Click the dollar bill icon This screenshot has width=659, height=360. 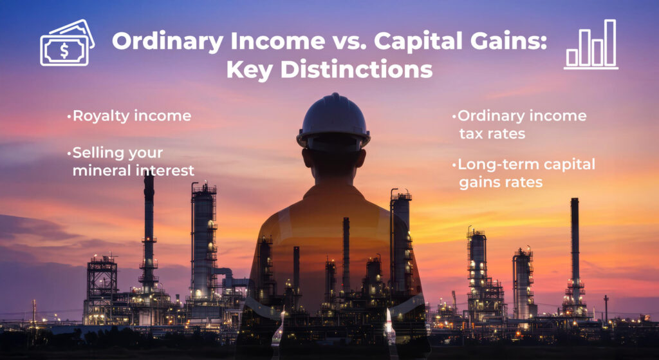click(67, 43)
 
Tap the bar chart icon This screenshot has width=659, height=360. click(591, 44)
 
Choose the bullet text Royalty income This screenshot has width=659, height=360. click(132, 117)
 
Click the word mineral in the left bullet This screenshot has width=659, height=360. click(99, 170)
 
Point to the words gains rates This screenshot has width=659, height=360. click(501, 183)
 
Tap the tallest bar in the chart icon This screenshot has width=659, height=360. click(610, 43)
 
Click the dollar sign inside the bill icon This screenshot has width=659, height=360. click(64, 51)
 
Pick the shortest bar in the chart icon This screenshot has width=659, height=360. click(571, 57)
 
